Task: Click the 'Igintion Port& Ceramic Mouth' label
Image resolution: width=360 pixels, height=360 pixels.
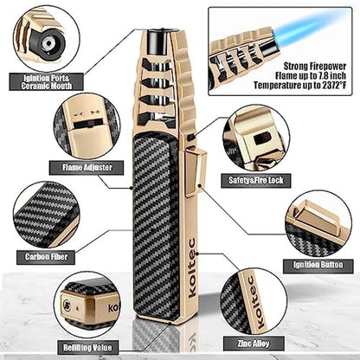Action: point(46,82)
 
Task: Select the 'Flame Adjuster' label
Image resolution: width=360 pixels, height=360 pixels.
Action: point(87,168)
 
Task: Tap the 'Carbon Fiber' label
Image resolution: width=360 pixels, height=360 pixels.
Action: point(46,257)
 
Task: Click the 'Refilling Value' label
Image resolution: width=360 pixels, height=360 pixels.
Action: point(87,347)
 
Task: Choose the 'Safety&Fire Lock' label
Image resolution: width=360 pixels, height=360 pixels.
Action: point(256,181)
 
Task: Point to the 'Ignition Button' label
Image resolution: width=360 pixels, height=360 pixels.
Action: point(318,265)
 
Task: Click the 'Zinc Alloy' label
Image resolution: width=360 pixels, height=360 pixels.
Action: point(254,344)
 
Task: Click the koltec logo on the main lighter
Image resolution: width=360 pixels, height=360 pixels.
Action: point(191,267)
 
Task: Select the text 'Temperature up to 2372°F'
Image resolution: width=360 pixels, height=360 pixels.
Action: point(299,86)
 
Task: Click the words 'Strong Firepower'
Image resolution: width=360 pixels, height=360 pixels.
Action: point(315,67)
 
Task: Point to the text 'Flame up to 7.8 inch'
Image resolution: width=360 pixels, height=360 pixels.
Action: point(311,76)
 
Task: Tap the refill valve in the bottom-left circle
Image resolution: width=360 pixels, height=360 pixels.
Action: point(67,305)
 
